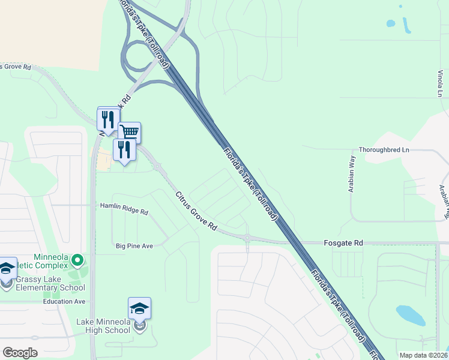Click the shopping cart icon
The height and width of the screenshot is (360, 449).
coord(129,131)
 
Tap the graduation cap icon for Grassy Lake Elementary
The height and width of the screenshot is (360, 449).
coord(7,268)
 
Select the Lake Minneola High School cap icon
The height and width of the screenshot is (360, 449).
coord(139,309)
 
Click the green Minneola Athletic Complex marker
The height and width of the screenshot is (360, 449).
coord(77,261)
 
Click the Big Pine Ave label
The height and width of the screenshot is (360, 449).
coord(134,246)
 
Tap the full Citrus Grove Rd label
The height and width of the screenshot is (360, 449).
coord(196,211)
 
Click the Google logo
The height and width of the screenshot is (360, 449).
coord(20,353)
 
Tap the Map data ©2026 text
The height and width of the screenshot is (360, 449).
coord(423,355)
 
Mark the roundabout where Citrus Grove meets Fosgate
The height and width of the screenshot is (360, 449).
coord(247,238)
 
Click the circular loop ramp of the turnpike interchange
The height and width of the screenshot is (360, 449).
coord(140,57)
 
